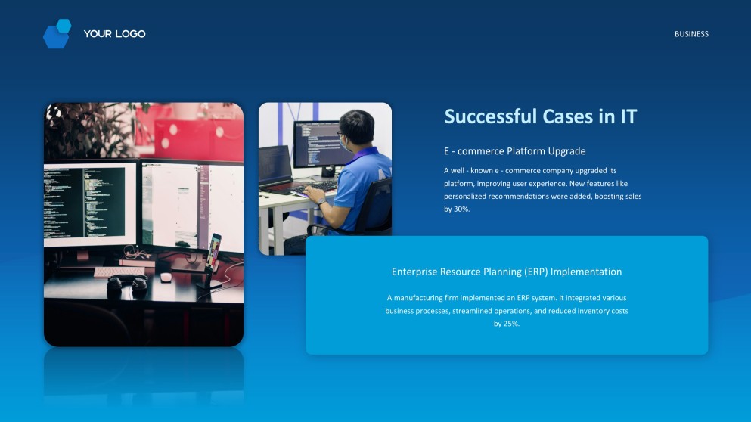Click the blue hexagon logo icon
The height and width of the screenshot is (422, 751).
click(57, 34)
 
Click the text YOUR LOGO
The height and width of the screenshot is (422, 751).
click(114, 34)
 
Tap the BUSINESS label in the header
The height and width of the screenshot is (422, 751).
click(691, 34)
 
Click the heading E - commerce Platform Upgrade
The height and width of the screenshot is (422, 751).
click(514, 151)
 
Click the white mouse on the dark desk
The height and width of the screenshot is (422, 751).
click(166, 277)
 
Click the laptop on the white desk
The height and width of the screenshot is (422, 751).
click(275, 166)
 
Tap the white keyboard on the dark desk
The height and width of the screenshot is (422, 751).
click(119, 271)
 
